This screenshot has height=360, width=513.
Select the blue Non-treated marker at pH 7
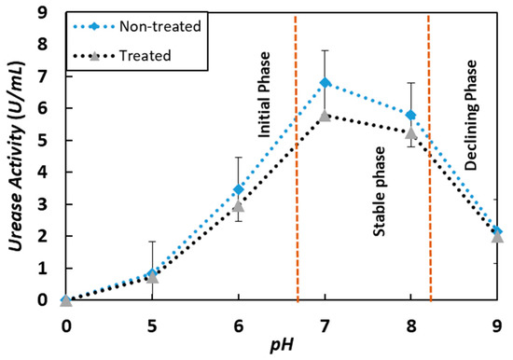pos(325,83)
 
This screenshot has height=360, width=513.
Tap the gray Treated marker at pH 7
pos(325,117)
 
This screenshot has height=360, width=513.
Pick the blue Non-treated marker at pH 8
pos(411,116)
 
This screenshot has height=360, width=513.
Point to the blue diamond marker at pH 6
pos(239,189)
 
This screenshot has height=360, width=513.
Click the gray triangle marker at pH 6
pos(239,206)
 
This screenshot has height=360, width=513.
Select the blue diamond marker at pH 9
pos(497,231)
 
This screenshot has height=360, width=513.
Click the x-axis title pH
pos(281,348)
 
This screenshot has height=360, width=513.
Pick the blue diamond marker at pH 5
pos(152,274)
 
